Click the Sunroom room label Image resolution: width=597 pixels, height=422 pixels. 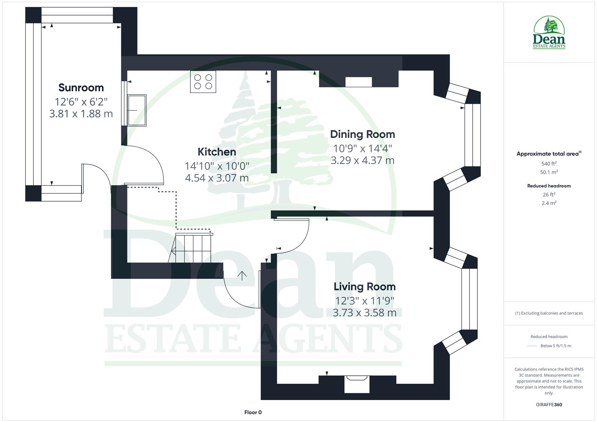[81, 88]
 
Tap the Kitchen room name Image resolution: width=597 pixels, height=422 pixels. [217, 152]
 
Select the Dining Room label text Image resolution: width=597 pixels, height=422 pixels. [362, 134]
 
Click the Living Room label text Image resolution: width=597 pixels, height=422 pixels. [364, 287]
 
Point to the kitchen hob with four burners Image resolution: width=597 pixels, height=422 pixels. [203, 82]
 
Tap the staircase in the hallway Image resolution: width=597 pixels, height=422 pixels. [193, 248]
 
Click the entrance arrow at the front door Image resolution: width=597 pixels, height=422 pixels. [242, 276]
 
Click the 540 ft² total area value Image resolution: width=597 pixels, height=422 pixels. [549, 164]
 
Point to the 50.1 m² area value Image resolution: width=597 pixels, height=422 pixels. [549, 172]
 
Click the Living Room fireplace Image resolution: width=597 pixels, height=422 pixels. [357, 384]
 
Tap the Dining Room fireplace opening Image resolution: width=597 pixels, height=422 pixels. [359, 82]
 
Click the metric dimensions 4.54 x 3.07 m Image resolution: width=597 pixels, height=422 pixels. [217, 178]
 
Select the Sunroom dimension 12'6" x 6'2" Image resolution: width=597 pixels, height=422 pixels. [81, 102]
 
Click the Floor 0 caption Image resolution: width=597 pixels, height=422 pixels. [253, 412]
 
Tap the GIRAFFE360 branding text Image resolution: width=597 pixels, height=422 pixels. [549, 405]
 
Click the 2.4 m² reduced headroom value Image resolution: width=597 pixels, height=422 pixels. [549, 203]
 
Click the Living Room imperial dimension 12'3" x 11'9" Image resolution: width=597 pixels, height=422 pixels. [364, 301]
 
